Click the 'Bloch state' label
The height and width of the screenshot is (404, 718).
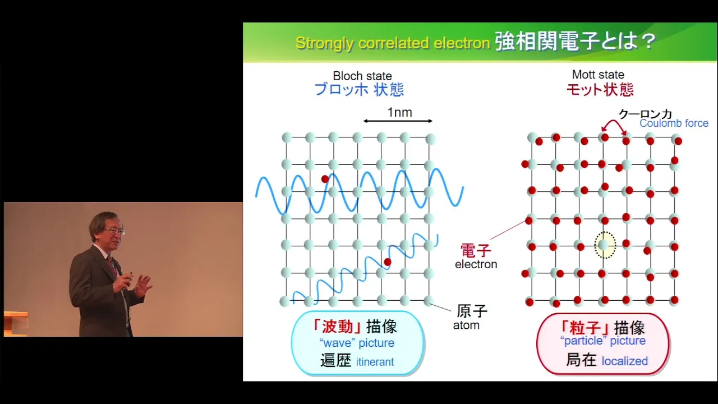pyautogui.click(x=362, y=76)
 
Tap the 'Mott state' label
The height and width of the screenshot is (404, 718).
pyautogui.click(x=598, y=75)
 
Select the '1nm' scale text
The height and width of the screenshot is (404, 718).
pyautogui.click(x=400, y=112)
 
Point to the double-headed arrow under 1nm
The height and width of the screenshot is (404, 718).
pyautogui.click(x=398, y=121)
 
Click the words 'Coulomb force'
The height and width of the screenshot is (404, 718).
pyautogui.click(x=674, y=123)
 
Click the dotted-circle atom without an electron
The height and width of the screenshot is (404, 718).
pyautogui.click(x=605, y=245)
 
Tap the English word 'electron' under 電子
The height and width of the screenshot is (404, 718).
pyautogui.click(x=476, y=264)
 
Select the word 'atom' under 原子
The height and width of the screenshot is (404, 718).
pyautogui.click(x=466, y=325)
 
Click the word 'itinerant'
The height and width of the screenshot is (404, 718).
pyautogui.click(x=375, y=362)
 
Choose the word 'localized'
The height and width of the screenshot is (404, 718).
pyautogui.click(x=625, y=361)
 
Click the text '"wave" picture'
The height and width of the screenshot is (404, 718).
pyautogui.click(x=356, y=343)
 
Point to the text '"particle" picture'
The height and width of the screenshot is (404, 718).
pyautogui.click(x=602, y=341)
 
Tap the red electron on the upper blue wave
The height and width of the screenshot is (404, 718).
pyautogui.click(x=325, y=179)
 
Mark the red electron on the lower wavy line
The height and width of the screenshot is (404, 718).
pyautogui.click(x=387, y=262)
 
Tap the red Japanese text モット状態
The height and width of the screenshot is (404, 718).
pyautogui.click(x=600, y=89)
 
